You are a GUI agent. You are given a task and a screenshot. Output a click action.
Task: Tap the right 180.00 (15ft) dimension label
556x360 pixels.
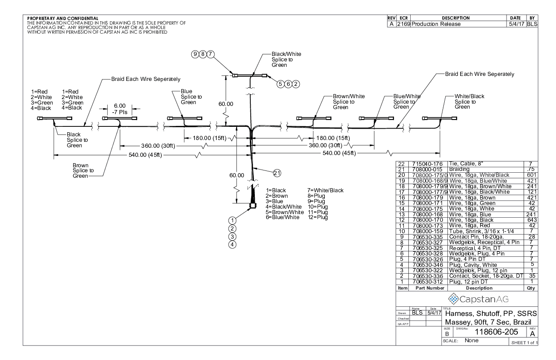pyautogui.click(x=333, y=138)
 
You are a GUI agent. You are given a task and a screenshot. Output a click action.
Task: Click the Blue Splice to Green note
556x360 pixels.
pyautogui.click(x=191, y=96)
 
